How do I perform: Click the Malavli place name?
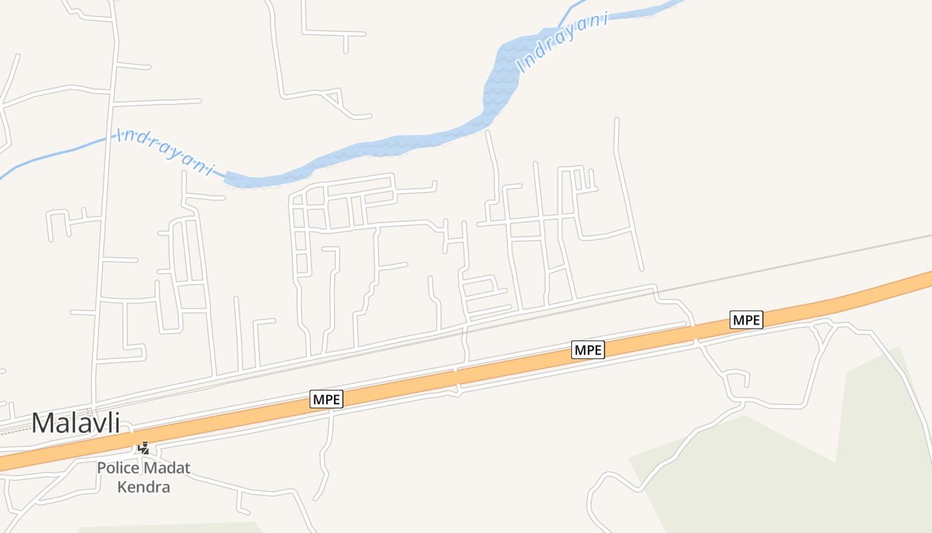coord(75,423)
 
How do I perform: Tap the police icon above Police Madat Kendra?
coord(143,448)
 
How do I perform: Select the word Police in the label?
coord(117,468)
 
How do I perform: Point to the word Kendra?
coord(143,487)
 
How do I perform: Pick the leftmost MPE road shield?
coord(326,400)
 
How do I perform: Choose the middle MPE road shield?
coord(588,350)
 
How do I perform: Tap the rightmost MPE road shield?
coord(746,320)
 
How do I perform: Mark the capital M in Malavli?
coord(43,424)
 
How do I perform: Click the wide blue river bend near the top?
coord(501,80)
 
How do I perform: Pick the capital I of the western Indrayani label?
coord(120,135)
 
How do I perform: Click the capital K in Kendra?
coord(122,487)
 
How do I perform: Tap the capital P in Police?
coord(101,468)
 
